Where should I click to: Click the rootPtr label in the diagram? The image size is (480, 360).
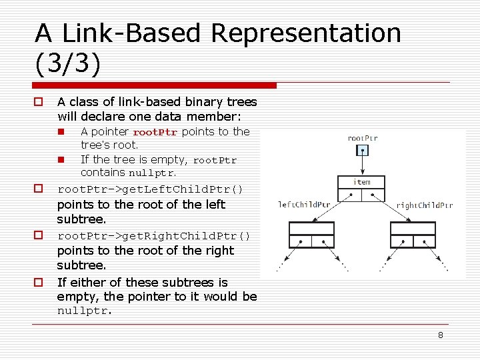click(363, 139)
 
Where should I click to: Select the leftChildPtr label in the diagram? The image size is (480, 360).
click(304, 205)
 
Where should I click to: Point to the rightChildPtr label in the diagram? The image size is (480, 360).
click(425, 205)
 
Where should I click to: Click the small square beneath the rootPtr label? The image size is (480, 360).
click(362, 150)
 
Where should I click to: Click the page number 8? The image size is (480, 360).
click(440, 335)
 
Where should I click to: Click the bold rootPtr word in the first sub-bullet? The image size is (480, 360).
click(155, 132)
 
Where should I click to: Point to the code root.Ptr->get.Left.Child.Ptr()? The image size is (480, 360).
click(151, 189)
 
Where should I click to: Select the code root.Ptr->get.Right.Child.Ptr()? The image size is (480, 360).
click(154, 236)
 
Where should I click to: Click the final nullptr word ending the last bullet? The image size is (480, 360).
click(84, 311)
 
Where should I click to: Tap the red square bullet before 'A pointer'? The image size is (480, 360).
click(60, 132)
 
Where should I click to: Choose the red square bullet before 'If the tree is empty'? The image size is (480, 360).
click(60, 159)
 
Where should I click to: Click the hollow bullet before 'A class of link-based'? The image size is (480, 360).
click(39, 102)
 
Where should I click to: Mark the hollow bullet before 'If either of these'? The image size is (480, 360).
click(39, 282)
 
